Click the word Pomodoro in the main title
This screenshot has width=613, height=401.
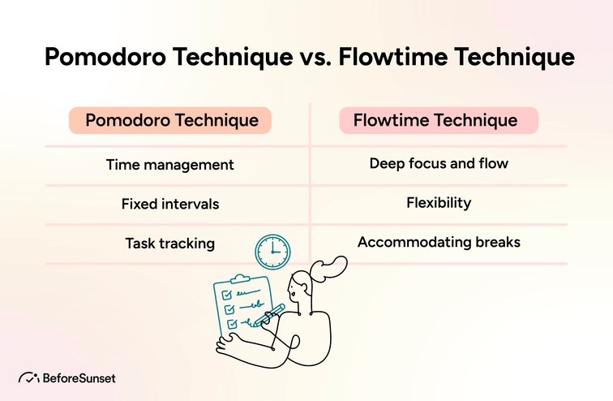point(102,58)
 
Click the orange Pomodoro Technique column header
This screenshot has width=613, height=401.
point(171,121)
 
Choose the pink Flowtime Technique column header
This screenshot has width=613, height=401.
point(438,121)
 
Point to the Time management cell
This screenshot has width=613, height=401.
point(170,165)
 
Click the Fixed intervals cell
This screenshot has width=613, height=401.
point(170,204)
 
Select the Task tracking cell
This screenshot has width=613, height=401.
point(170,243)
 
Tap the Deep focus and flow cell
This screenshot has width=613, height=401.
point(439,164)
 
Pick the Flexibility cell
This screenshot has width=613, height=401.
point(439,203)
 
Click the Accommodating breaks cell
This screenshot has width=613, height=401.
point(439,242)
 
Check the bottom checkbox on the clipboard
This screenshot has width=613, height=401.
point(232,324)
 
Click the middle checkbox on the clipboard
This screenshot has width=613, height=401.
point(229,308)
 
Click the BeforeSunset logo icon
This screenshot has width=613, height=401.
point(28,377)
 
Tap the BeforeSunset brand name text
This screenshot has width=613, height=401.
point(79,377)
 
